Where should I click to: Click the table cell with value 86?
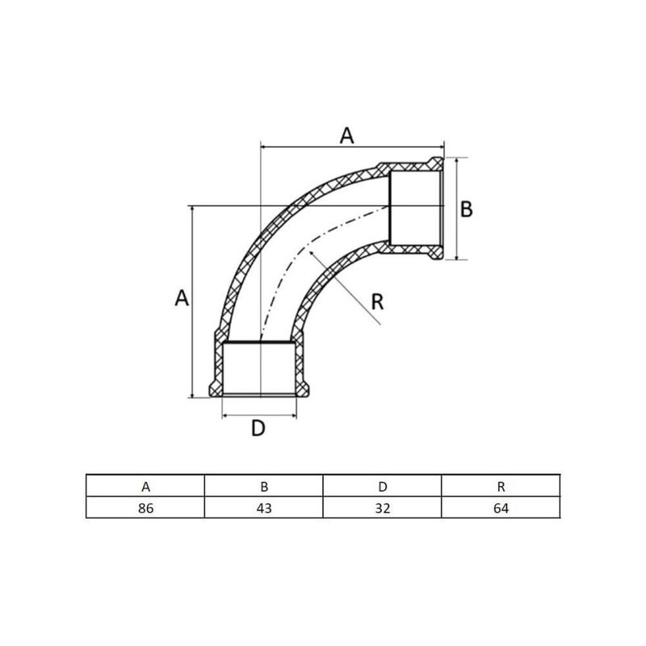145,509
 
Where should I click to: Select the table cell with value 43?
263,509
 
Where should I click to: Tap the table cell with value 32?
382,509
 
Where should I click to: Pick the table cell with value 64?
501,509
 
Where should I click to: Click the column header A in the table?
145,486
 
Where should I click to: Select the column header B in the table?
263,486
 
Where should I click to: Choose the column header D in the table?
382,486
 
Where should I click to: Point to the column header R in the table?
501,486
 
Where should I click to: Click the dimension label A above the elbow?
346,136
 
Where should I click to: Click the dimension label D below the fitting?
257,428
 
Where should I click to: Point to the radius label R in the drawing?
377,303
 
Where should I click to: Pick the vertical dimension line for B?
455,208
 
